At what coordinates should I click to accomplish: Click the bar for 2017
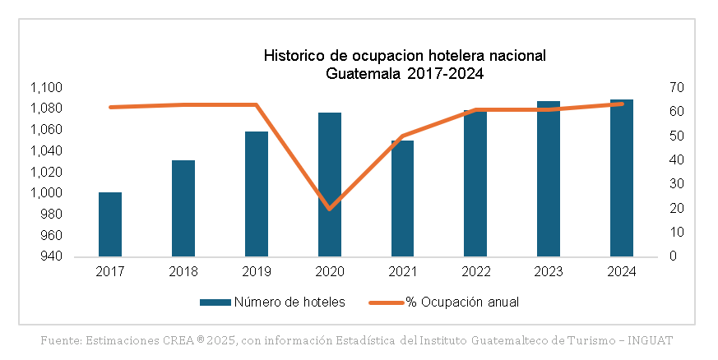point(110,224)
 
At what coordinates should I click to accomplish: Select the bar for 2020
point(330,185)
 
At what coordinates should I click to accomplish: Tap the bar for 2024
point(622,178)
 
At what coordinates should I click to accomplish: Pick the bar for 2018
point(183,209)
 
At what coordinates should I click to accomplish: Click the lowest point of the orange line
point(330,209)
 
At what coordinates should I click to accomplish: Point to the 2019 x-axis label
point(256,270)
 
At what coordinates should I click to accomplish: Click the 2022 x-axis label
point(475,270)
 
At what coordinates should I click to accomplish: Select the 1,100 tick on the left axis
point(47,88)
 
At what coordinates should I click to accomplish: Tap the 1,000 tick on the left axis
point(47,193)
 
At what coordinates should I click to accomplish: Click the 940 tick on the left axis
point(53,256)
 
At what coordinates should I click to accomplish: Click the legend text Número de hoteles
point(290,302)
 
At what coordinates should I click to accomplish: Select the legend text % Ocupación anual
point(462,302)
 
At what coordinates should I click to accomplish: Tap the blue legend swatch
point(215,302)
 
